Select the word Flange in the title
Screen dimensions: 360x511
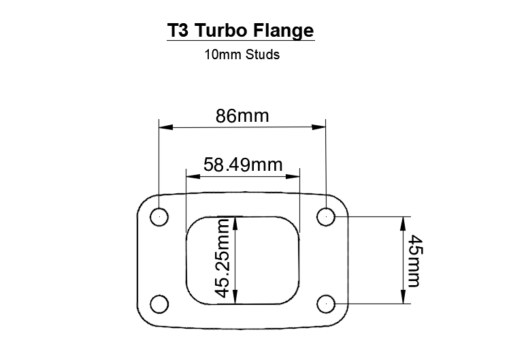[286, 31]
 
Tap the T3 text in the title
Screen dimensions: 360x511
[180, 31]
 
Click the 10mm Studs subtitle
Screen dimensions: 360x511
[242, 55]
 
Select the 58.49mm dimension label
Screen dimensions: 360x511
[243, 164]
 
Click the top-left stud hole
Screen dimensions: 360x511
[159, 216]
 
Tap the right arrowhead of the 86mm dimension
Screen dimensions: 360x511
[320, 127]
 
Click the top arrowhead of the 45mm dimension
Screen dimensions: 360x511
[403, 223]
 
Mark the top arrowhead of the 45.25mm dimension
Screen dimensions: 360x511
[235, 223]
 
